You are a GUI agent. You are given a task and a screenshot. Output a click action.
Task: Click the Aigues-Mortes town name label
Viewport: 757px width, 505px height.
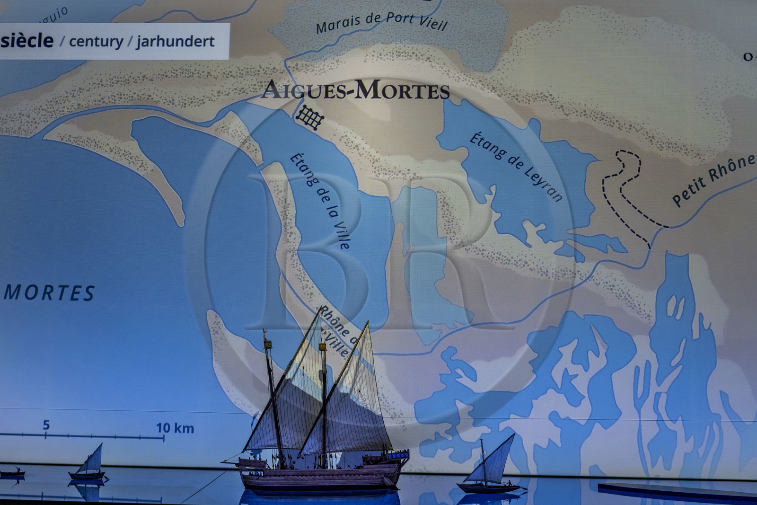tap(355, 89)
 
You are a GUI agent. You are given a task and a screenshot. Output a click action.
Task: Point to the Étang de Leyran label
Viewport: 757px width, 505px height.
tap(516, 167)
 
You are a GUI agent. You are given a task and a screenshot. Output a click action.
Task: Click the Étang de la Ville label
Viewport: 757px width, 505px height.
tap(320, 201)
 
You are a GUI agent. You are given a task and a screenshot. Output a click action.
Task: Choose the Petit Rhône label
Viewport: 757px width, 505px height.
tap(713, 180)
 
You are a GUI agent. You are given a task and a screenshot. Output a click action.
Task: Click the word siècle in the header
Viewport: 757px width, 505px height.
tap(27, 41)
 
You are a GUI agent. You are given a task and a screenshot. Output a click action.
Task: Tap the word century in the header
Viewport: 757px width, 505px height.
tap(96, 42)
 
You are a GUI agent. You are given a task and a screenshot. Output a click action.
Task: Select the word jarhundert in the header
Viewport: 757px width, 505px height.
tap(176, 42)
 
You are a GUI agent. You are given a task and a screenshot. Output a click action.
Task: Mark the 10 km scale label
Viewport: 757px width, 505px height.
tap(175, 428)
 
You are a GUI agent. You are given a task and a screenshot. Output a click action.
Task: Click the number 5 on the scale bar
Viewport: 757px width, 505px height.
tap(46, 425)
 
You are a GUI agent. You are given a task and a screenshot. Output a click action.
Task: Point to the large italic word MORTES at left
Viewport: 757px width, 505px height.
tap(50, 293)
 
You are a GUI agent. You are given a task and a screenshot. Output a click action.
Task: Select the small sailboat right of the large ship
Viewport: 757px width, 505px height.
tap(490, 466)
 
